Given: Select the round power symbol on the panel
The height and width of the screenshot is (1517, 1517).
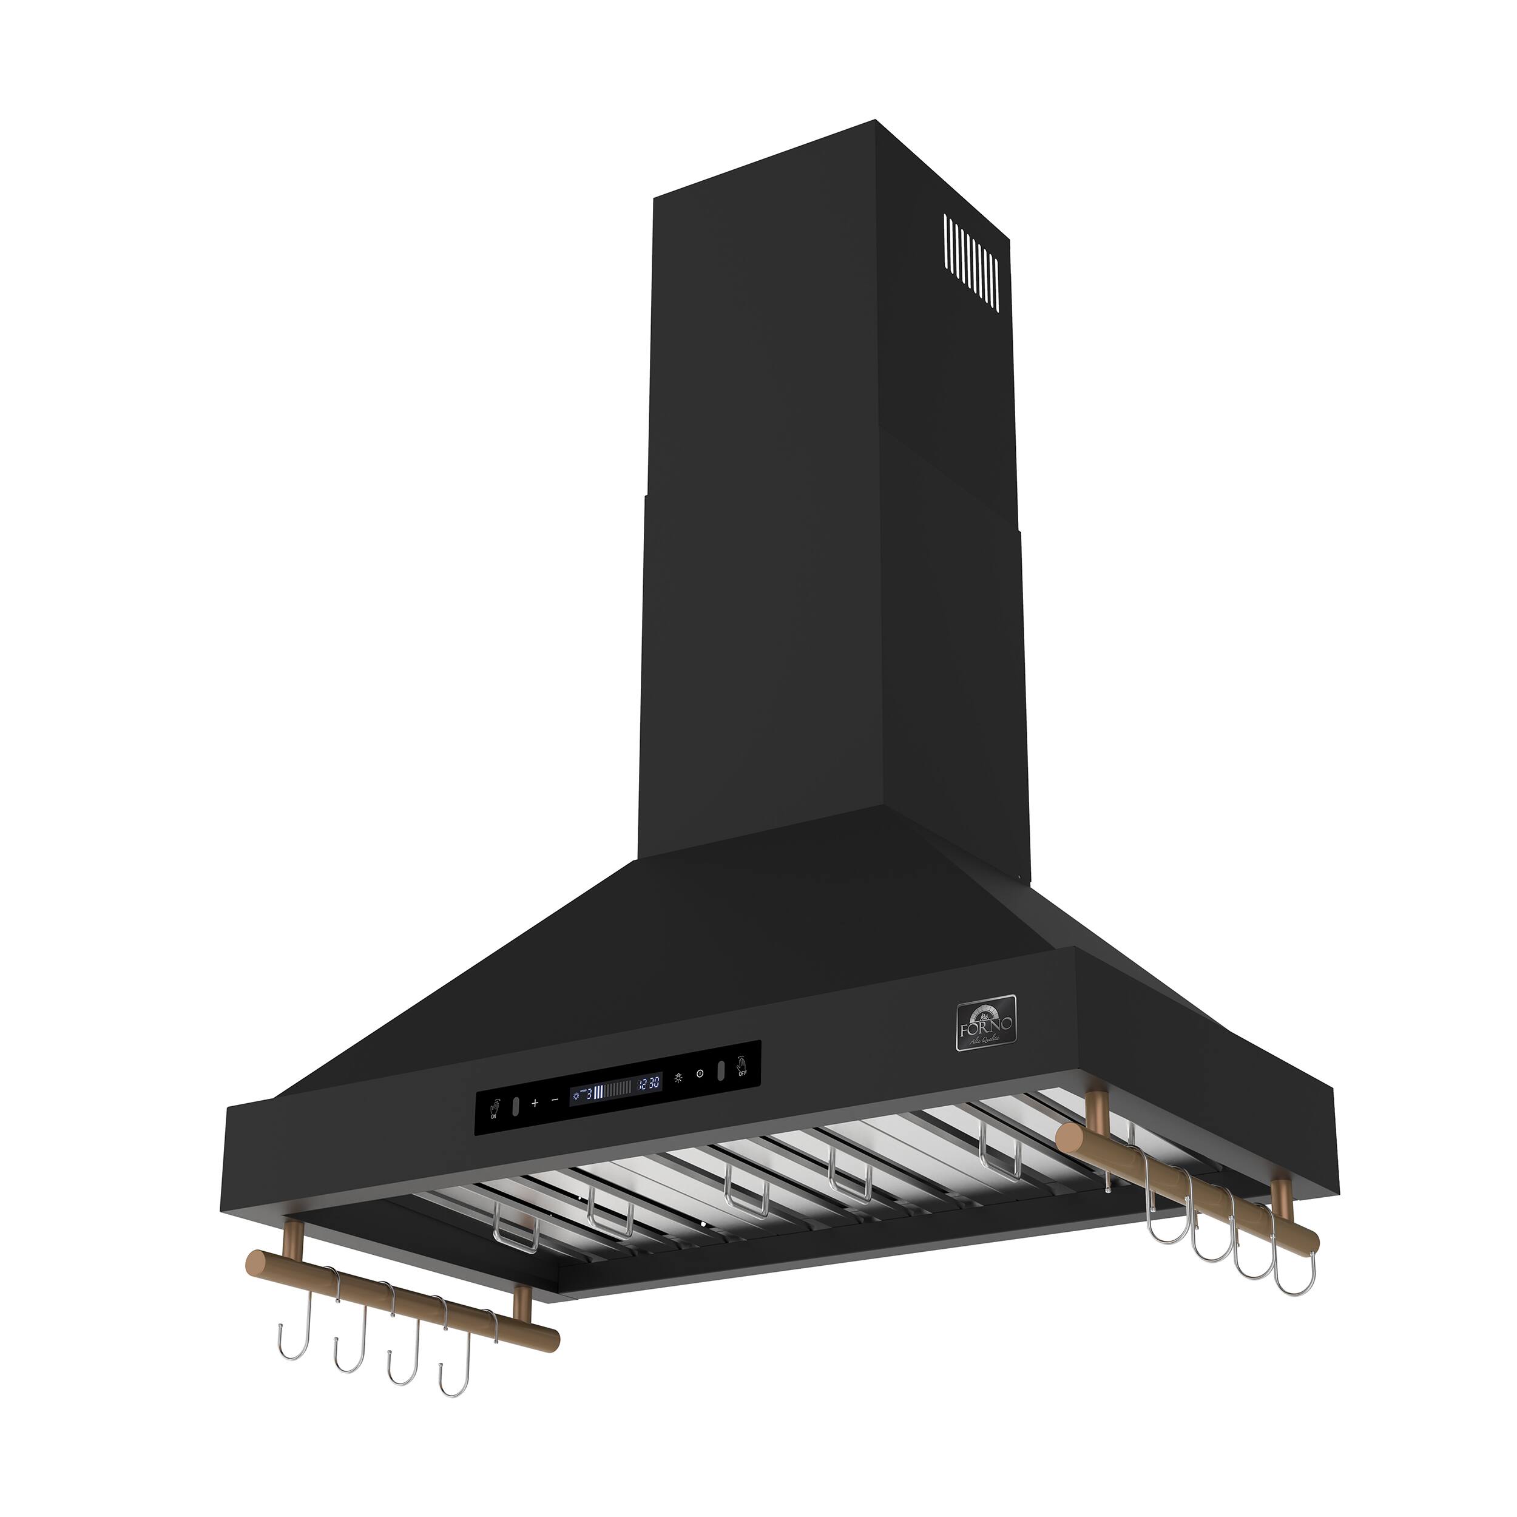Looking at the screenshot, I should click(700, 1074).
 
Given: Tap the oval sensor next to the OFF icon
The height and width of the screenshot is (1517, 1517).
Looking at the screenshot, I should click(721, 1071).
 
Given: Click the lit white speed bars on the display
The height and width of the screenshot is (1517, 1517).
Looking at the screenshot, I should click(598, 1092).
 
